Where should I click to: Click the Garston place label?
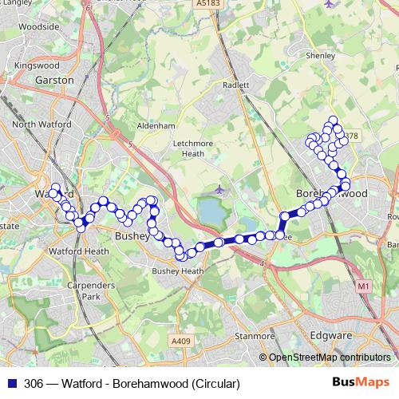[55, 81]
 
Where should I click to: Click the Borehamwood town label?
[331, 194]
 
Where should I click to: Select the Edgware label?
[329, 336]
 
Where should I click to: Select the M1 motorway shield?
[365, 285]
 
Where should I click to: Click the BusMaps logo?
[361, 383]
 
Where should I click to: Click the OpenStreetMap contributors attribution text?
[329, 358]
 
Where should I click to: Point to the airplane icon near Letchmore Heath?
[219, 190]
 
